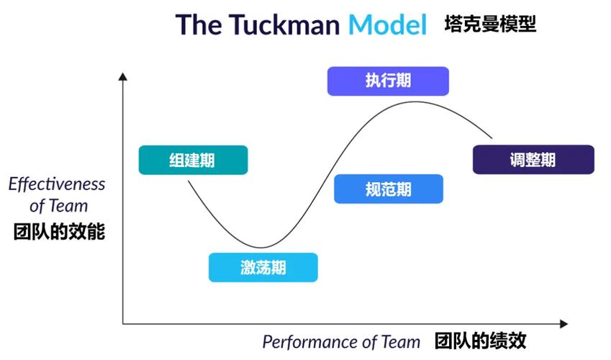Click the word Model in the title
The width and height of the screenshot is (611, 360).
point(388,24)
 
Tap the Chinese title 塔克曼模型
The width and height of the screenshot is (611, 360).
point(490,25)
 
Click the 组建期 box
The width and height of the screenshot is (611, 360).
point(193,160)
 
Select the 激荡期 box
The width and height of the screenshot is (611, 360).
point(263,267)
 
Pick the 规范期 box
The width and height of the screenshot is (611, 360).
point(389,189)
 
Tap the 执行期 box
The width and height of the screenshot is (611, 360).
point(388,81)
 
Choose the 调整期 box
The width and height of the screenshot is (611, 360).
point(533,159)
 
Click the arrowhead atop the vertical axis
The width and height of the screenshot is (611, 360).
point(123,76)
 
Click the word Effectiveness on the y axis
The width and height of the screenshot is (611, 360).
point(57,184)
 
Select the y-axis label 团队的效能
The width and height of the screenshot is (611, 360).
point(59,233)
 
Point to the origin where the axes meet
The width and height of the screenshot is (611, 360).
point(123,324)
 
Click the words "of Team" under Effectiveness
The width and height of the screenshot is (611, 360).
point(59,207)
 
